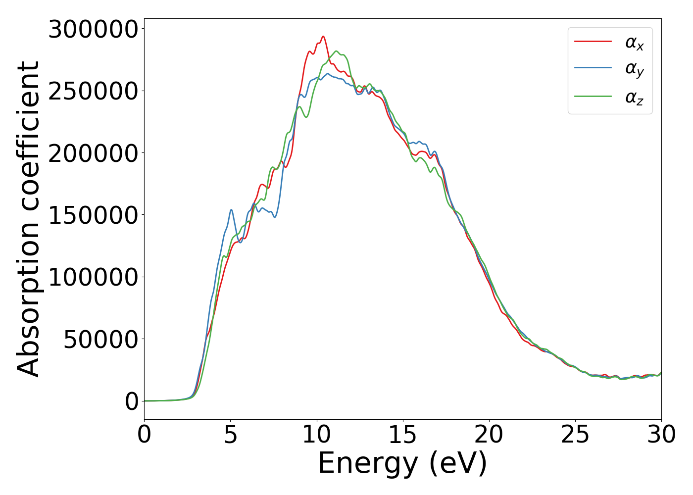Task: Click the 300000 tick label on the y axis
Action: tap(93, 30)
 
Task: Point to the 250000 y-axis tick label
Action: tap(93, 92)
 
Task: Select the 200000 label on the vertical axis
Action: tap(93, 153)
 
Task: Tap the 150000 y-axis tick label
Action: tap(93, 215)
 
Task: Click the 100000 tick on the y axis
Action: tap(93, 277)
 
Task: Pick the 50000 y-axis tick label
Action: tap(100, 340)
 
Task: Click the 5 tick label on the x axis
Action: tap(231, 435)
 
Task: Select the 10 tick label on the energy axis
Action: tap(317, 435)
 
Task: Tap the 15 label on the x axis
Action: tap(403, 435)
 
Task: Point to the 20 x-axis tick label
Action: tap(489, 435)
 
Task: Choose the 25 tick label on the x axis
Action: tap(575, 435)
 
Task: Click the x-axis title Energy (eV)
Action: tap(402, 464)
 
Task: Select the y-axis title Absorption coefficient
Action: tap(28, 219)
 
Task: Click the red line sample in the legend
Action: tap(593, 42)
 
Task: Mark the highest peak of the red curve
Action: tap(323, 36)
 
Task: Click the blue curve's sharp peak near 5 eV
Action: tap(231, 210)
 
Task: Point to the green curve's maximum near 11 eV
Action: tap(337, 51)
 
